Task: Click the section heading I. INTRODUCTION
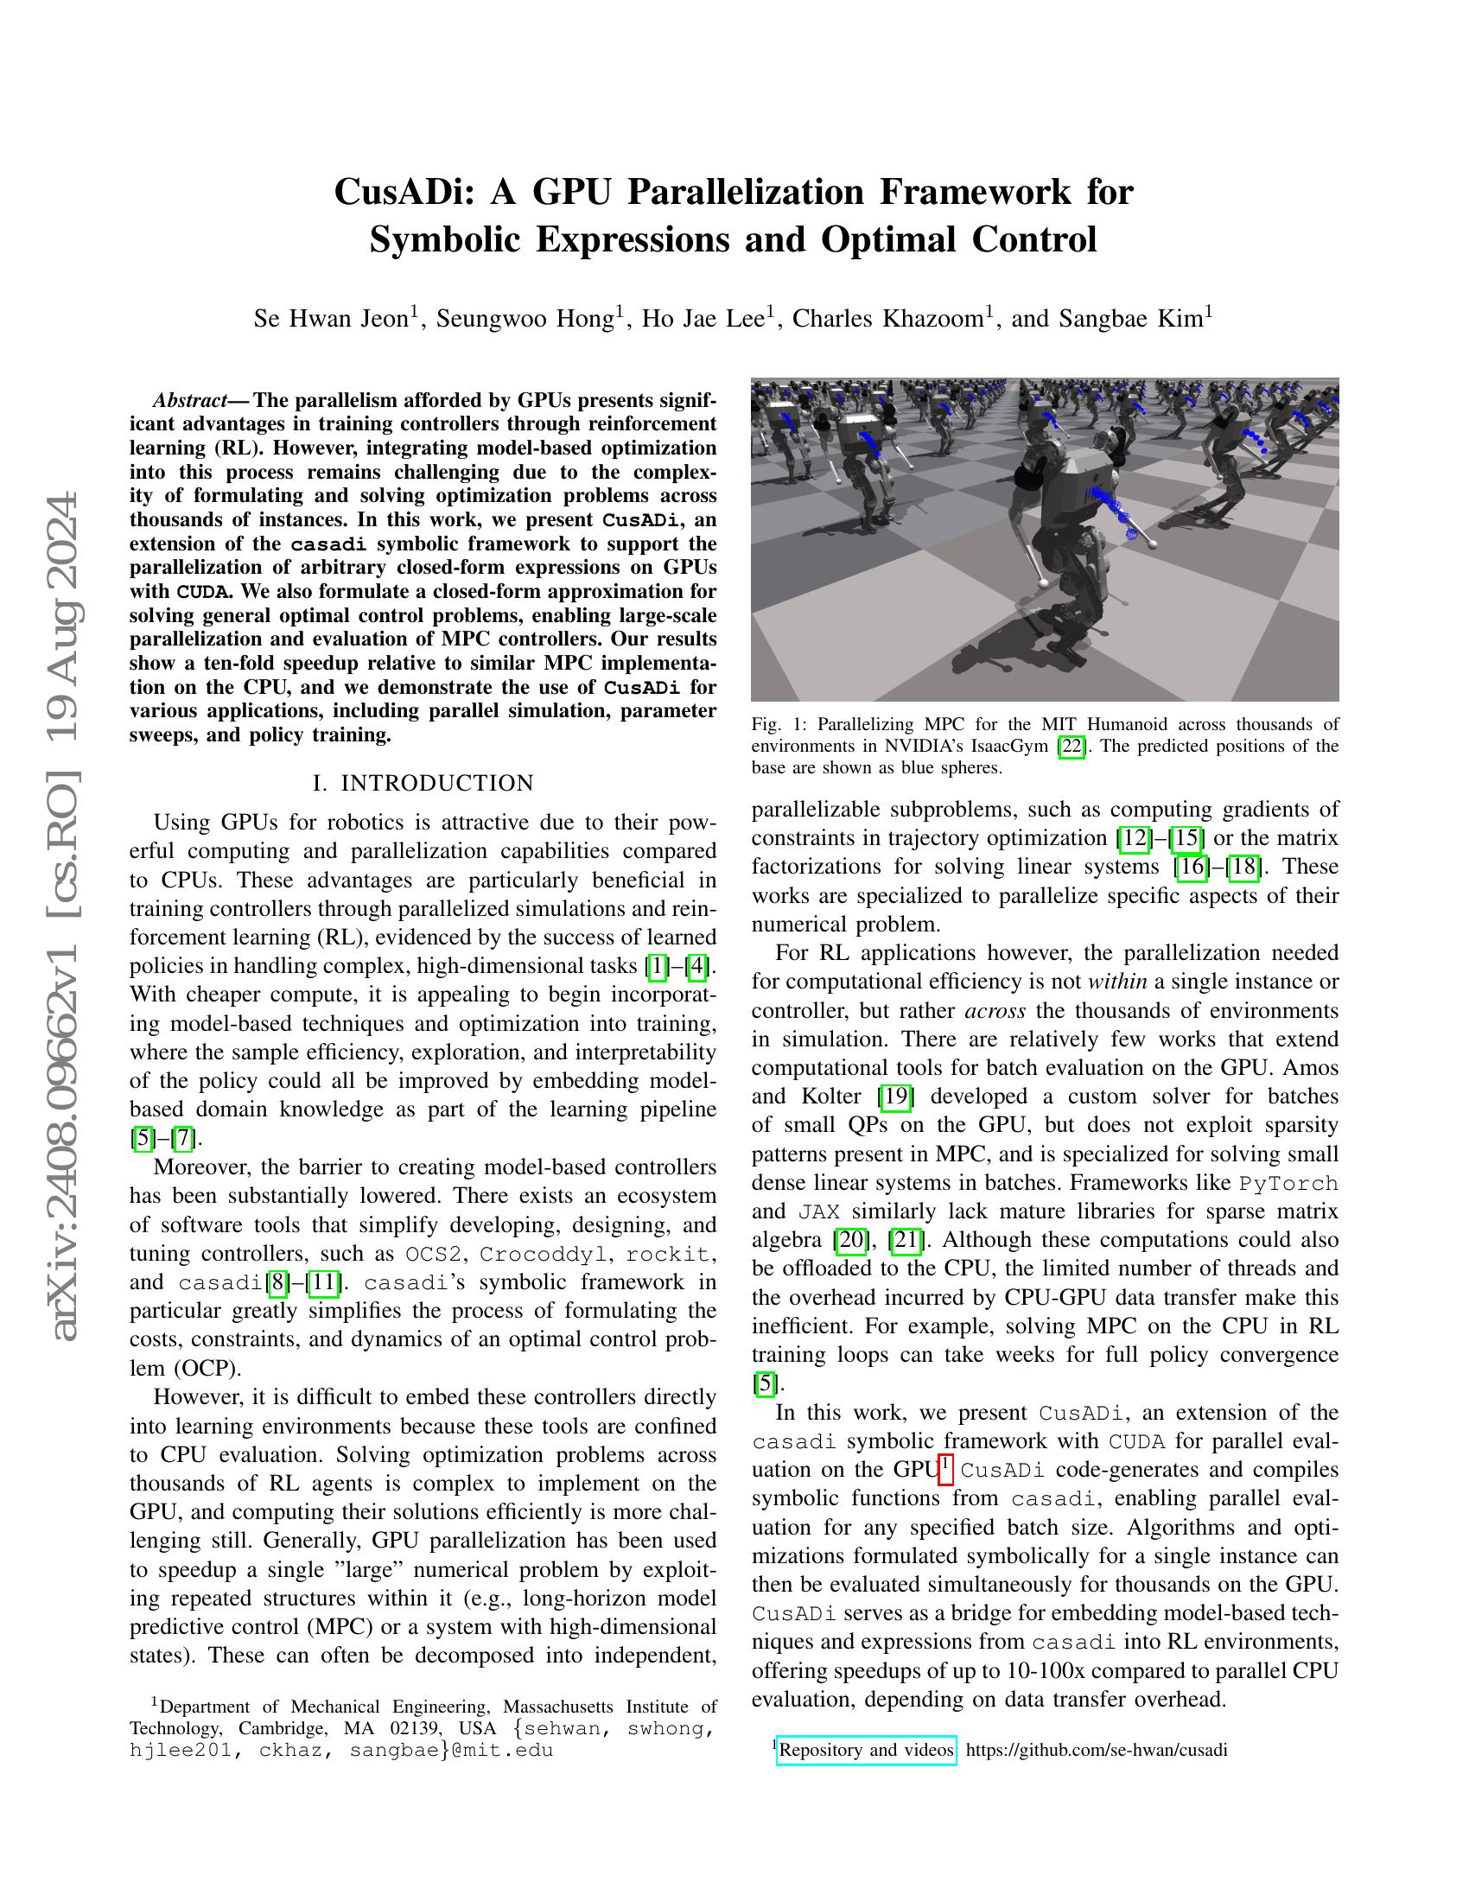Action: coord(423,784)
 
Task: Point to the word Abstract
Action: coord(188,400)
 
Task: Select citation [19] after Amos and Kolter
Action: coord(895,1097)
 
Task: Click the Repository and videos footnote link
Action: coord(866,1750)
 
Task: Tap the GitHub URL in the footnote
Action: coord(1096,1750)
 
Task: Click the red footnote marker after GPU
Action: coord(947,1469)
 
